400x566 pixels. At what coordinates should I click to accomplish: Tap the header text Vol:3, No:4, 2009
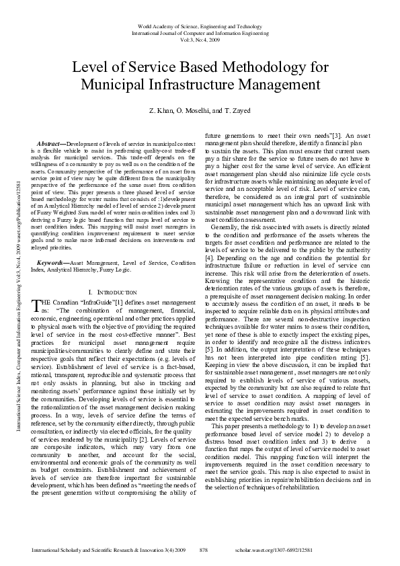(200, 38)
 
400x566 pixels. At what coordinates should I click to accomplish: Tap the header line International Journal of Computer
(200, 32)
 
